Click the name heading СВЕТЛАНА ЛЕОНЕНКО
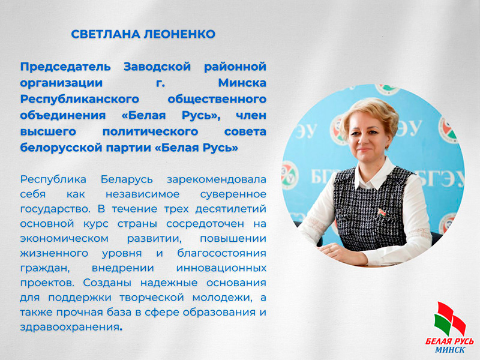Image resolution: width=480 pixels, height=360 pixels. (143, 34)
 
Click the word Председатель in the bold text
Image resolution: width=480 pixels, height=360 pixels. (65, 67)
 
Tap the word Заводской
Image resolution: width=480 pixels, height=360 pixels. (157, 67)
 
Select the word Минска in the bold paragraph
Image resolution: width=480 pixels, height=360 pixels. (242, 83)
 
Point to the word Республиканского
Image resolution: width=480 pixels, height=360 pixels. (80, 100)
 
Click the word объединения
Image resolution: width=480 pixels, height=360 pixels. (63, 116)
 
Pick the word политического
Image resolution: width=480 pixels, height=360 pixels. (151, 132)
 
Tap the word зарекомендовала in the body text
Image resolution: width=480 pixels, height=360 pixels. (217, 179)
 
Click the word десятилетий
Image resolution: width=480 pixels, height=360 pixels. (231, 209)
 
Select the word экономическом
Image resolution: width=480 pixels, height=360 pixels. (64, 239)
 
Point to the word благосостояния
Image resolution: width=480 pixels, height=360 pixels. (221, 253)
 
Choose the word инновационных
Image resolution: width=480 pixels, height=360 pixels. (221, 268)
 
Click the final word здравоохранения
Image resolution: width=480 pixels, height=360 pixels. (70, 327)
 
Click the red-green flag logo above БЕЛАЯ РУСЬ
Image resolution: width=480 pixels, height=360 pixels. (449, 319)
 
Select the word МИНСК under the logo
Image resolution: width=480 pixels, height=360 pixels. (450, 350)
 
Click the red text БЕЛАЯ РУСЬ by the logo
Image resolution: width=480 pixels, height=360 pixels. (449, 341)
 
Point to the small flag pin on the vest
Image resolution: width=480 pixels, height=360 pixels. (382, 212)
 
